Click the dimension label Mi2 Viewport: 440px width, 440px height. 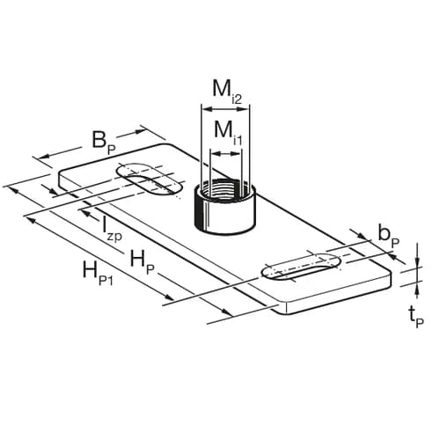point(224,92)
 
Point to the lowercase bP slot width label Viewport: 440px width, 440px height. point(387,233)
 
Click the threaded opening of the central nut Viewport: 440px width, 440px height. point(224,188)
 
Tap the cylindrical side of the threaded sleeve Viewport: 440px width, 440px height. point(224,216)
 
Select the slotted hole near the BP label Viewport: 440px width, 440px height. point(152,182)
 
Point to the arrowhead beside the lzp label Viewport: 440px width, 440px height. point(87,210)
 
